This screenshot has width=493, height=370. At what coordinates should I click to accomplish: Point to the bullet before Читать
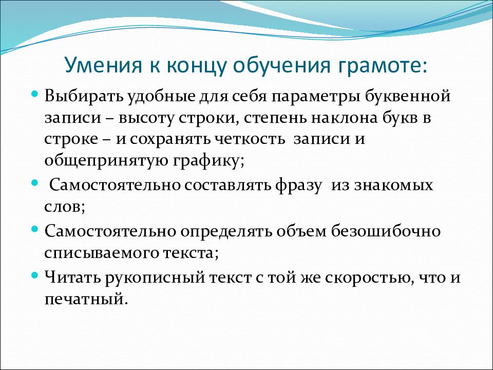pos(35,275)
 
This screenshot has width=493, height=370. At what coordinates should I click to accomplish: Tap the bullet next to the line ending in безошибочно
pos(35,229)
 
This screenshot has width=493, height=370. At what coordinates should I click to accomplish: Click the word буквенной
pos(407,96)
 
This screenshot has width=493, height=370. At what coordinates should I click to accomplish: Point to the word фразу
pos(298,186)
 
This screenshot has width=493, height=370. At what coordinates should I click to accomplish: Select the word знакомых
pos(393,186)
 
